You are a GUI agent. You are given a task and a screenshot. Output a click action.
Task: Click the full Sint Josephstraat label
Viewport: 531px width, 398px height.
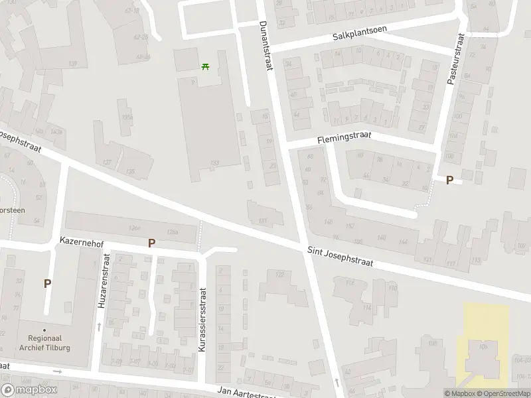(x=341, y=258)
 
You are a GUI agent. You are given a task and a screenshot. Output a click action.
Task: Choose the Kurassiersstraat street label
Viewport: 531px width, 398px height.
(x=203, y=318)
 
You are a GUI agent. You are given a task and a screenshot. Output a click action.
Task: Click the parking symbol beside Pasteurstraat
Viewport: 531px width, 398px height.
(x=449, y=180)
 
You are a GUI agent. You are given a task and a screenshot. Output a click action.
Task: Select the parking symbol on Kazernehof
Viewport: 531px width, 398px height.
(x=151, y=243)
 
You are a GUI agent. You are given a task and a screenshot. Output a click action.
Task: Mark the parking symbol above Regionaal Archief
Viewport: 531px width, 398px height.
(x=47, y=283)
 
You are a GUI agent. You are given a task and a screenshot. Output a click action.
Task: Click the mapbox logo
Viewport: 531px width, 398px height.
(x=28, y=390)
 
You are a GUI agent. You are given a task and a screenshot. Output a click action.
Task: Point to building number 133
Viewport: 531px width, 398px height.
(x=214, y=163)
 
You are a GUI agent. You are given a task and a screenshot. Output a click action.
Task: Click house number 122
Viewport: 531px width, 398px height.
(x=279, y=274)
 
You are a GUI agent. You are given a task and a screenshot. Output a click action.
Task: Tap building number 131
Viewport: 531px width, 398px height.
(x=263, y=220)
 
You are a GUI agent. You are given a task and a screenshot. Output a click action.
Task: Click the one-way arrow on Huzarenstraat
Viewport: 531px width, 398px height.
(x=99, y=326)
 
